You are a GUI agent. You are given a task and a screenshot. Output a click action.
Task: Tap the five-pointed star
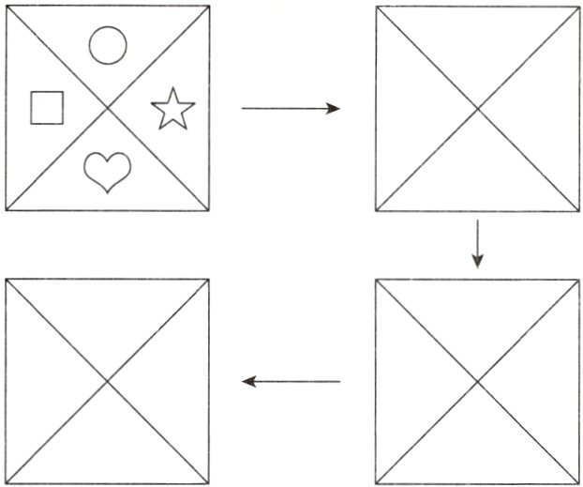tap(172, 109)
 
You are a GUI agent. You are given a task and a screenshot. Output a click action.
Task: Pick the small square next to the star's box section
tap(45, 107)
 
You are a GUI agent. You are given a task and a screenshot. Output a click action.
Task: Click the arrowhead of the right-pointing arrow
tap(333, 109)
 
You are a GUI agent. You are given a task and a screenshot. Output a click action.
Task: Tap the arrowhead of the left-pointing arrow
tap(248, 381)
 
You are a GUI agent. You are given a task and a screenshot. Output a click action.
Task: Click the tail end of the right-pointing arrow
tap(243, 109)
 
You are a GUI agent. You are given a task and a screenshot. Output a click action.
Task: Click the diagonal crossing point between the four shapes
tap(108, 108)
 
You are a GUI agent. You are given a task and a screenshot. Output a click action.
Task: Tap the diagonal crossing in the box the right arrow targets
tap(478, 109)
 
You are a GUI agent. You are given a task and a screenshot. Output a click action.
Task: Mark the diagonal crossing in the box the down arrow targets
tap(477, 381)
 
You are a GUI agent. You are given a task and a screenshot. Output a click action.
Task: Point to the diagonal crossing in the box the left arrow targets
tap(107, 381)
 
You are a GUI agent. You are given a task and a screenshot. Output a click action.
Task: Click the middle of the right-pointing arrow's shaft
tap(289, 109)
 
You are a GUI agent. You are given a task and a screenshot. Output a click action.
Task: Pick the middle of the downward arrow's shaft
tap(477, 241)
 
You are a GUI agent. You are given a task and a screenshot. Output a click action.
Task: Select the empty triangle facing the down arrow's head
tap(477, 314)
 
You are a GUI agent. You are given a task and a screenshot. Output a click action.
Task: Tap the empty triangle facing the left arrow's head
tap(174, 381)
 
